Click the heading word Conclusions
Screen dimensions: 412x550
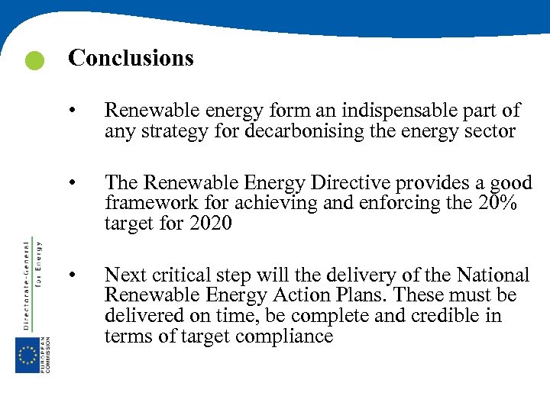(131, 58)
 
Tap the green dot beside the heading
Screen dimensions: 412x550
(34, 61)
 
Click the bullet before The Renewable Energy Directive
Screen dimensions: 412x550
(71, 182)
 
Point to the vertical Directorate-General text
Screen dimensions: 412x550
(27, 282)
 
